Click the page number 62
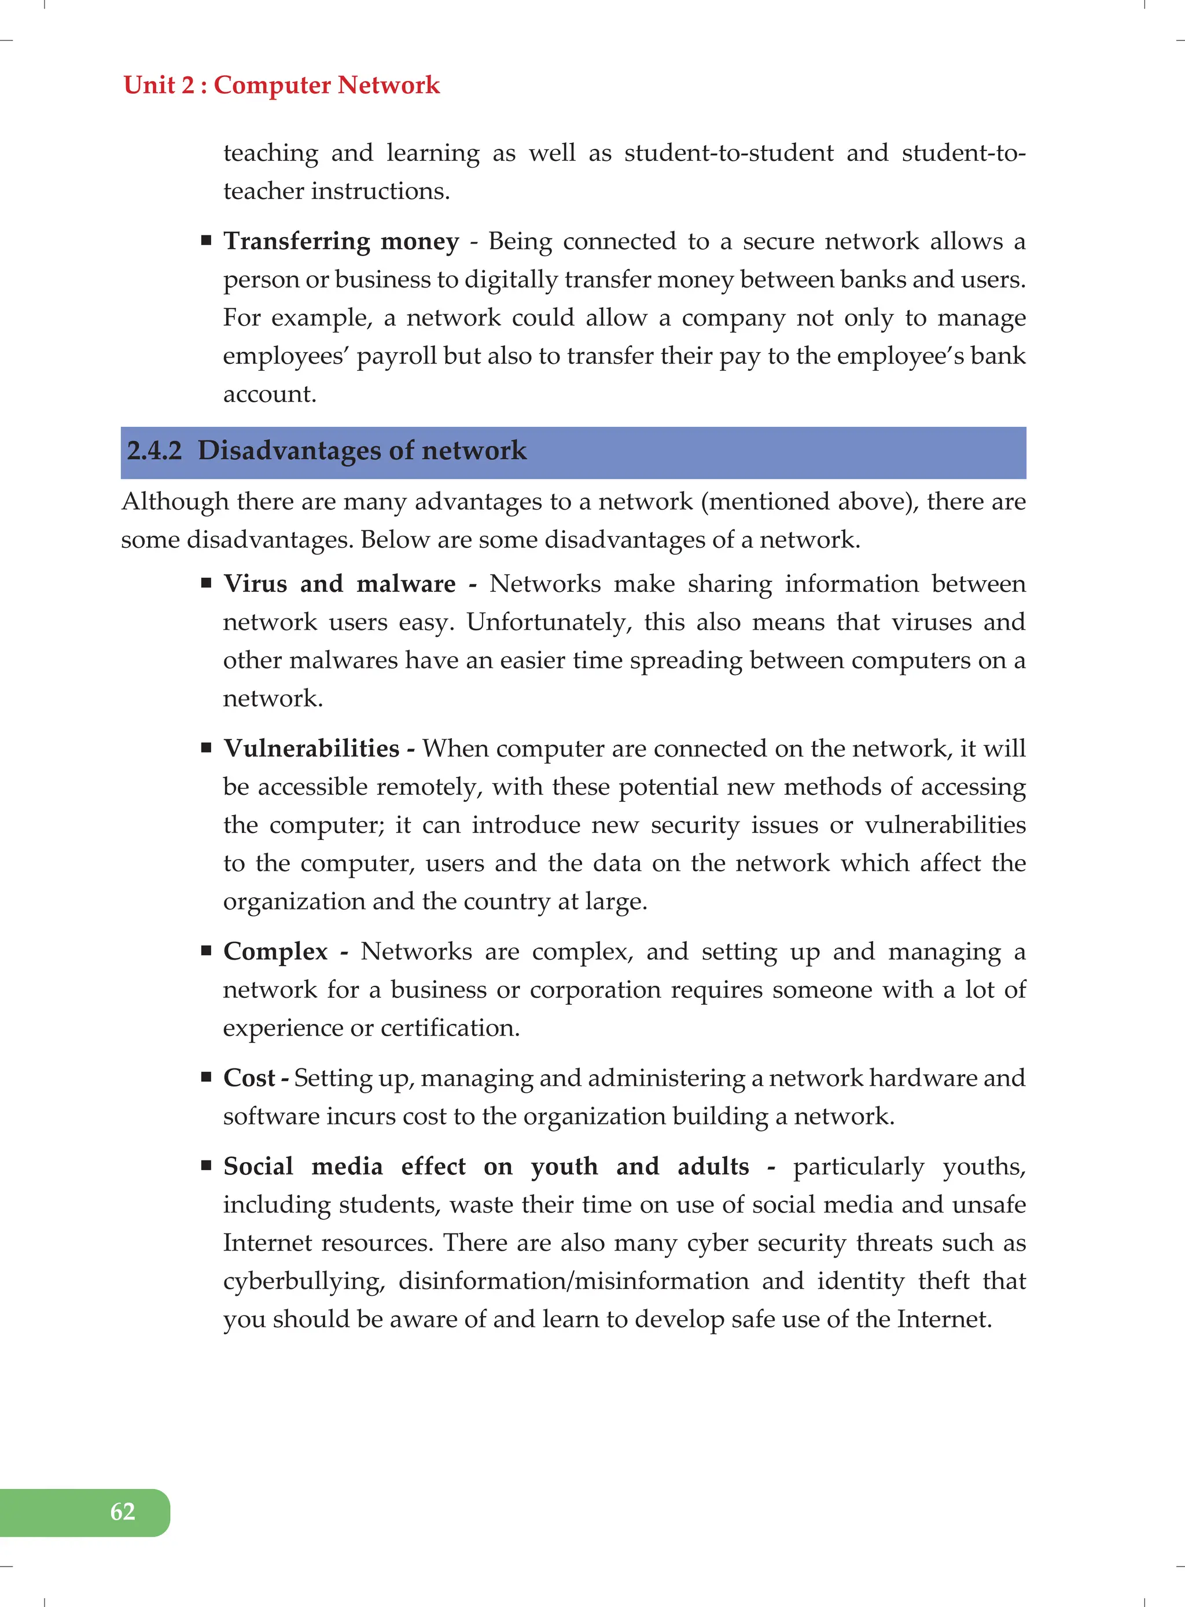click(123, 1512)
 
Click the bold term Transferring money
click(341, 241)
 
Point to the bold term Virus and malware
click(339, 584)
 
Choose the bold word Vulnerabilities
click(311, 749)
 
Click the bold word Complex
click(275, 952)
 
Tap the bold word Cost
click(249, 1078)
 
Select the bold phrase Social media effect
click(344, 1166)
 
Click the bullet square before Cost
click(207, 1077)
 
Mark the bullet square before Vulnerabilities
click(207, 748)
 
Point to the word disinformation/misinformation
click(573, 1281)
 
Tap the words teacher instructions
click(336, 191)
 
